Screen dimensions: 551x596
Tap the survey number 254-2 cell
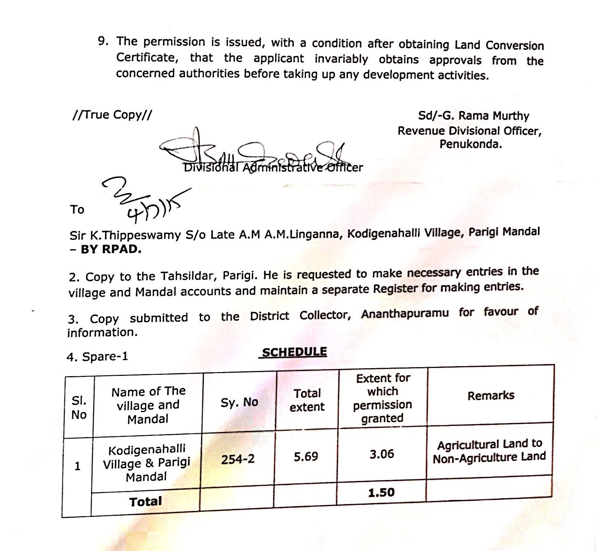[238, 459]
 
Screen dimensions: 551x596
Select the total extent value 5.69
[306, 457]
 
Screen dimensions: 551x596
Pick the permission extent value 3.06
[382, 454]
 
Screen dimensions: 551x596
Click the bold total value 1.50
[381, 492]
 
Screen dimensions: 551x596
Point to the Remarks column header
[491, 395]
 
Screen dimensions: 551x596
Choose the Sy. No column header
[239, 402]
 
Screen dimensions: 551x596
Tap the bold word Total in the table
[146, 501]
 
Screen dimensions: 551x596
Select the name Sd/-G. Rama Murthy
[474, 116]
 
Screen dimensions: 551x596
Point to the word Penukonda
[470, 144]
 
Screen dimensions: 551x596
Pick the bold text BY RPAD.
[111, 249]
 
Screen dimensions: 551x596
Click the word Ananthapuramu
[405, 314]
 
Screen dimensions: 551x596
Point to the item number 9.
[103, 41]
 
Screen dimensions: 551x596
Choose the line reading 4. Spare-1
[97, 357]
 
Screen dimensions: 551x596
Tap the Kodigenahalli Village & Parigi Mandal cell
[147, 463]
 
